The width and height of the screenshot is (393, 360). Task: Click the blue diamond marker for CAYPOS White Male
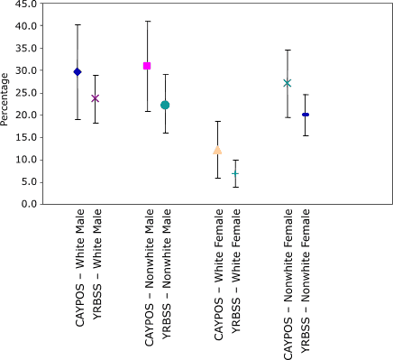pos(78,71)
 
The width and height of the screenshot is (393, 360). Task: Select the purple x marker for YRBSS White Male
pos(95,98)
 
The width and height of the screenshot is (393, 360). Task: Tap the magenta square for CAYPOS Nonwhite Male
pos(147,66)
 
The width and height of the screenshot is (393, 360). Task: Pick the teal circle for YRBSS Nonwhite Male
pos(165,105)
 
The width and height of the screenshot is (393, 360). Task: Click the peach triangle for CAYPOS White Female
pos(217,150)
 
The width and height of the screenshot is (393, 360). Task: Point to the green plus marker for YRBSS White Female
pos(235,173)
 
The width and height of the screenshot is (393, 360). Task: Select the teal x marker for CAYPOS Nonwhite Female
pos(288,83)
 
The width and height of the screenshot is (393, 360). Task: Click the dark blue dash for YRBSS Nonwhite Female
pos(306,115)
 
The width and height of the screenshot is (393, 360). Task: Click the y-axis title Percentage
pos(7,104)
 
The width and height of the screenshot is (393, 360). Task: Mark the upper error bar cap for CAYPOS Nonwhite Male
pos(147,21)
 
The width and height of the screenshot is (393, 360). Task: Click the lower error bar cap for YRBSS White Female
pos(235,187)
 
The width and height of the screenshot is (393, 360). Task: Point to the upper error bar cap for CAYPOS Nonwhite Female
pos(288,50)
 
